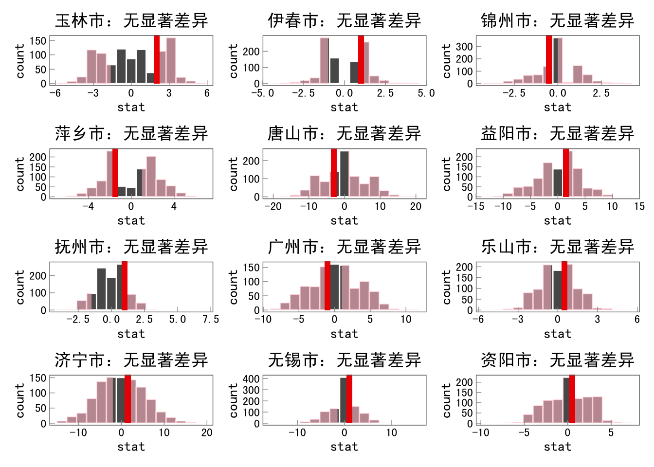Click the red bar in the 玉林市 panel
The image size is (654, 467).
157,59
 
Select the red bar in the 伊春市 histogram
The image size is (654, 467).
361,59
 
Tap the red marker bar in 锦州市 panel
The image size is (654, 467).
549,59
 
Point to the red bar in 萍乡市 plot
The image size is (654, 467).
115,173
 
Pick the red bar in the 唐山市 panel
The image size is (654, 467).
334,173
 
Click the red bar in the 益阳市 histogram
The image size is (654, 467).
566,173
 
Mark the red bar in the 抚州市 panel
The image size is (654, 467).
125,286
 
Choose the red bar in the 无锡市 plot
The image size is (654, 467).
349,399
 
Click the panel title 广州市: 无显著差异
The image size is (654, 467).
345,247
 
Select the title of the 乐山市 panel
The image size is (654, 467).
558,247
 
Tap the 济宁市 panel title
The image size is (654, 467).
131,360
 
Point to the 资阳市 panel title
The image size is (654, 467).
558,360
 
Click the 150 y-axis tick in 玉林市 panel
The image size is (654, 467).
38,41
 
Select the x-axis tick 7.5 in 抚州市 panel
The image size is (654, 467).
211,320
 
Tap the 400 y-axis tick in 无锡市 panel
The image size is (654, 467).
251,379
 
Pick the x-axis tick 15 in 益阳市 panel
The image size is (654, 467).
639,207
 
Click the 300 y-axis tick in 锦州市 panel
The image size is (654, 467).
464,47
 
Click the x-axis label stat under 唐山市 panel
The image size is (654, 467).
345,221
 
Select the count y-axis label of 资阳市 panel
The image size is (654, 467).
446,400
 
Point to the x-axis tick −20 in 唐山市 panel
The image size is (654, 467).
273,207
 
